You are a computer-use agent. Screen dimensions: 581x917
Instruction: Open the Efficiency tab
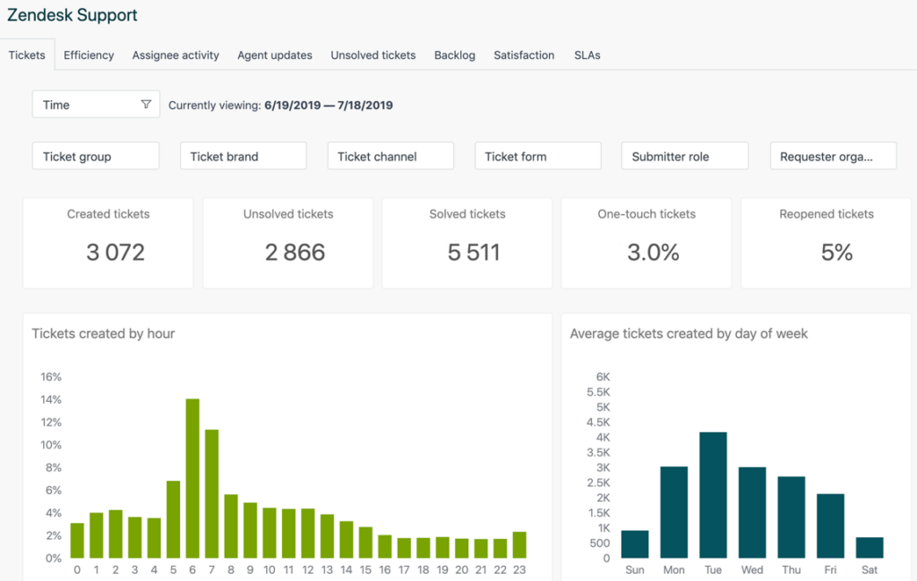click(x=89, y=55)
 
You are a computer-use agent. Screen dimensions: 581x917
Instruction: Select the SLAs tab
click(x=587, y=55)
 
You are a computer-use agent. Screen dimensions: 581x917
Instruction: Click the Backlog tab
click(x=454, y=55)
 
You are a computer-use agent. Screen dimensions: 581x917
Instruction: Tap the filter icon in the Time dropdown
click(x=146, y=105)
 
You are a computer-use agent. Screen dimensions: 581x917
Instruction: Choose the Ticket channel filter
click(x=390, y=156)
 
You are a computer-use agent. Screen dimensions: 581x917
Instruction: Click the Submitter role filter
click(x=684, y=156)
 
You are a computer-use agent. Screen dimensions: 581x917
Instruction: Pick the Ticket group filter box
click(x=96, y=156)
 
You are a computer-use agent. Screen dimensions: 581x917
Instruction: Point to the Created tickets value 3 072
click(x=116, y=252)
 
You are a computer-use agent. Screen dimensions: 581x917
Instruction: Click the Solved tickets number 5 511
click(x=474, y=252)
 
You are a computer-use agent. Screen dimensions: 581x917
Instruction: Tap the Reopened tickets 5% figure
click(x=836, y=252)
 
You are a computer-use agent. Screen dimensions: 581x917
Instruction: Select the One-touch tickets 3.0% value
click(x=653, y=252)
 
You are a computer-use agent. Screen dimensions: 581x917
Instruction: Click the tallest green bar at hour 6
click(x=193, y=478)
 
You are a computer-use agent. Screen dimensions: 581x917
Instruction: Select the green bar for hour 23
click(x=519, y=544)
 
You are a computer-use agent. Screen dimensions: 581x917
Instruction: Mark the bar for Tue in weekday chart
click(x=713, y=494)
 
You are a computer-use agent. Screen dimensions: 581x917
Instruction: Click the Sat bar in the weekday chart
click(x=870, y=547)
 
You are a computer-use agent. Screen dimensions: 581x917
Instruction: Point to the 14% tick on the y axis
click(x=50, y=399)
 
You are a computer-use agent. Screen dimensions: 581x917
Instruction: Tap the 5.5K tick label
click(x=597, y=392)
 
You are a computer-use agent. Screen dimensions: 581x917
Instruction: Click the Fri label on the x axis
click(x=830, y=570)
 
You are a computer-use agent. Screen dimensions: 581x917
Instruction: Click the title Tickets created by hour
click(x=103, y=334)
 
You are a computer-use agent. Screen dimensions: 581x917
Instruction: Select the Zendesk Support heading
click(x=73, y=15)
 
